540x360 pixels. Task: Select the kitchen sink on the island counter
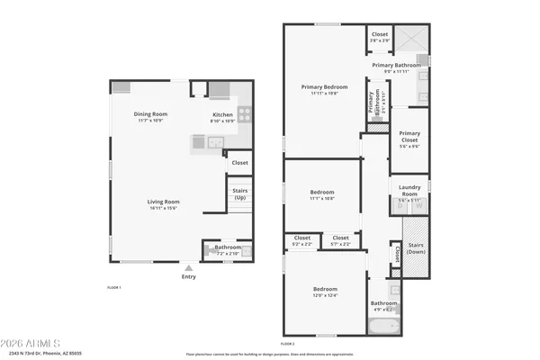215,141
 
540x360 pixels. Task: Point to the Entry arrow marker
188,267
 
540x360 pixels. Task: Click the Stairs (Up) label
239,193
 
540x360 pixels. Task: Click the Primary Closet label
409,138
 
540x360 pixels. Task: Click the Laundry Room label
409,192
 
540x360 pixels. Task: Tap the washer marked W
418,206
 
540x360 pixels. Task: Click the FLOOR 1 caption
113,287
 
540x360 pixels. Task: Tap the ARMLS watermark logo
32,343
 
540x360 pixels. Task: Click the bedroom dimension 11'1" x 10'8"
322,198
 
